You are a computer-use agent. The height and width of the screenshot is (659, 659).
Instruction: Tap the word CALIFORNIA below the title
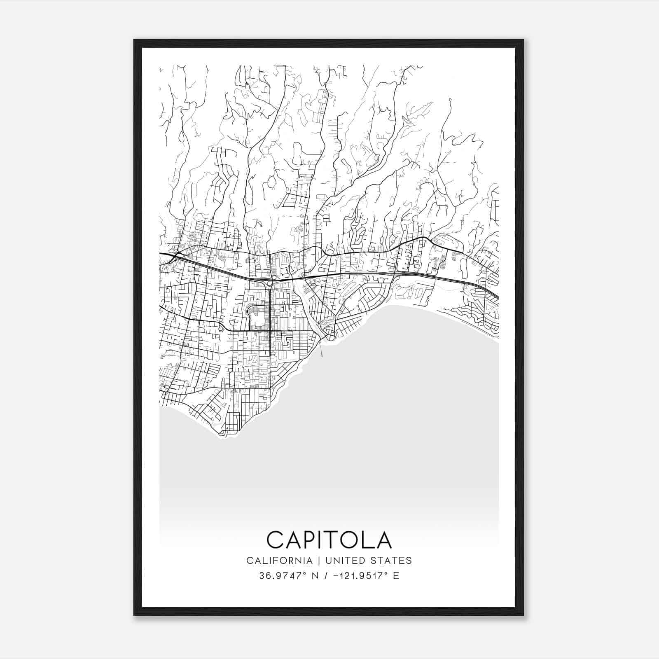pyautogui.click(x=279, y=560)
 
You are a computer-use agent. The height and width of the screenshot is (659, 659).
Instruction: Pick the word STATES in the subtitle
pyautogui.click(x=393, y=560)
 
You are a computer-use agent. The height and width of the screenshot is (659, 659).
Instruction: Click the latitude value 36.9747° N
pyautogui.click(x=283, y=576)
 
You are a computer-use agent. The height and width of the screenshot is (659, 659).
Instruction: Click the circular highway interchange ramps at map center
pyautogui.click(x=270, y=283)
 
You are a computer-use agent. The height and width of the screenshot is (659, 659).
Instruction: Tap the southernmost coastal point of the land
pyautogui.click(x=222, y=434)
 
